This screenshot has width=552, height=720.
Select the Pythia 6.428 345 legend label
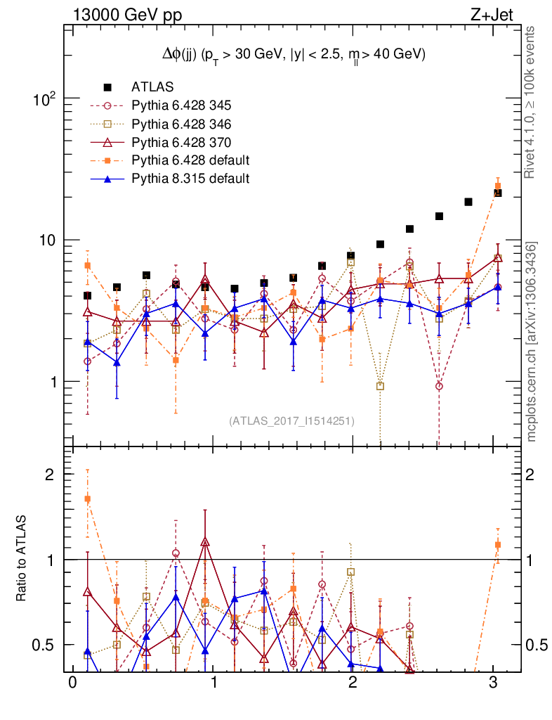[181, 105]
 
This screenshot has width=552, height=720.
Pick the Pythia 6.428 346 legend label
[181, 124]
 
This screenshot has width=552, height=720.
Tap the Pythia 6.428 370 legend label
[181, 142]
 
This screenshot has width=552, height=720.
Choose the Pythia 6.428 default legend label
[190, 160]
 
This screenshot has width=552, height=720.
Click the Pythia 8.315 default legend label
[190, 179]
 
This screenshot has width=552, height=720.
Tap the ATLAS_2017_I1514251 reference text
[292, 421]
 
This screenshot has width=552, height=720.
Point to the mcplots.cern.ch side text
[532, 342]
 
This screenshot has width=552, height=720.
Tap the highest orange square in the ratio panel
[88, 499]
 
